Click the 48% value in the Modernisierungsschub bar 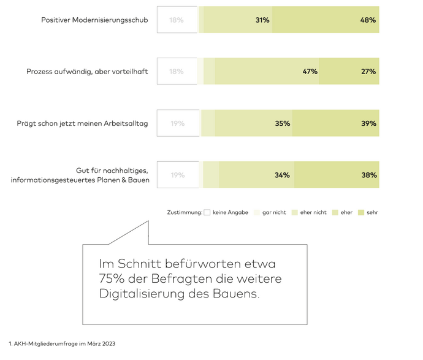(x=368, y=20)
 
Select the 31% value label (x=262, y=20)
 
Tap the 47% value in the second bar (x=310, y=72)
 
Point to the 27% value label (x=368, y=72)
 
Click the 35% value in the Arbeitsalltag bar (x=282, y=123)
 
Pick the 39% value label (x=368, y=123)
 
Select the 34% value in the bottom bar (x=282, y=175)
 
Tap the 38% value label (x=368, y=175)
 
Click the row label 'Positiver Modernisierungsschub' (x=94, y=20)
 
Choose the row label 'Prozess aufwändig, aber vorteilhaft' (x=87, y=72)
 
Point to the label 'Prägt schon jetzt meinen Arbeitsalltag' (x=82, y=123)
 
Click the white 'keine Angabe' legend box (x=207, y=212)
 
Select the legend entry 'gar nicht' (x=273, y=212)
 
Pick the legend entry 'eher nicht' (x=313, y=212)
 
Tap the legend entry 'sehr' (x=372, y=212)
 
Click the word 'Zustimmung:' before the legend (x=185, y=212)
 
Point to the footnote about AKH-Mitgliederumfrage (x=62, y=343)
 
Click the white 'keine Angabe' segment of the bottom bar (x=178, y=175)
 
